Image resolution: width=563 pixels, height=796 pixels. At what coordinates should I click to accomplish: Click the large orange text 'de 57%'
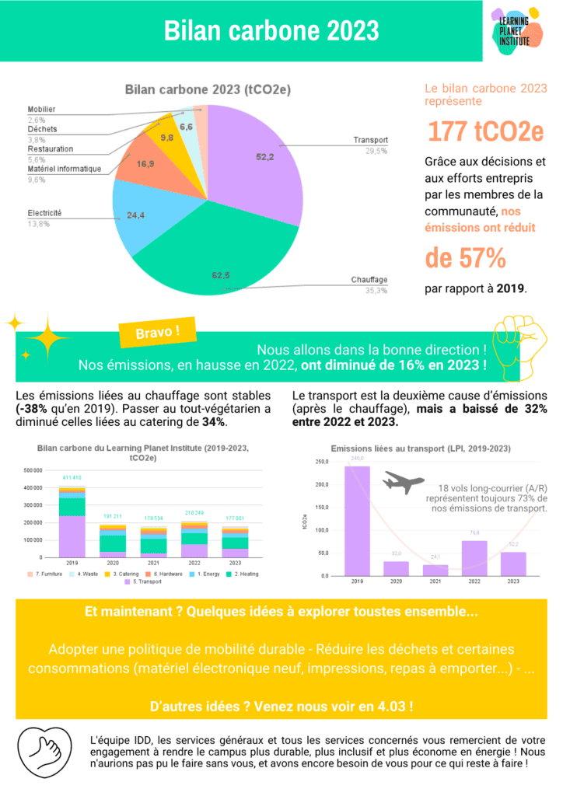pos(465,257)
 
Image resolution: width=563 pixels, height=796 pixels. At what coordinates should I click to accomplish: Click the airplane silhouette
pos(403,484)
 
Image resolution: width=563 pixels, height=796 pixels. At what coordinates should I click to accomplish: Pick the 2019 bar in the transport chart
pos(358,520)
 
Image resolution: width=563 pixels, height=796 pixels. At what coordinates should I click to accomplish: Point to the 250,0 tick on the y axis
pos(320,462)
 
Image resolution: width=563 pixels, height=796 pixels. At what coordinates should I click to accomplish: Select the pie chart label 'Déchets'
pos(42,129)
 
